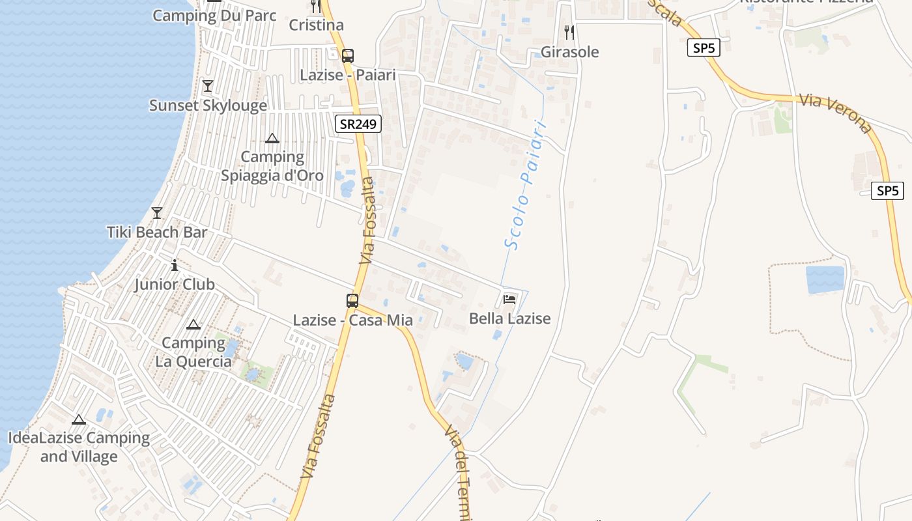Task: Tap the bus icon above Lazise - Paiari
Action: (x=348, y=56)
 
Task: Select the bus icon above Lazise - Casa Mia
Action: (x=352, y=301)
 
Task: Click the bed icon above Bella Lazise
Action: (x=510, y=299)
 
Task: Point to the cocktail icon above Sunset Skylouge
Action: (x=208, y=86)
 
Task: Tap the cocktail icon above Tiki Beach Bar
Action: (x=157, y=213)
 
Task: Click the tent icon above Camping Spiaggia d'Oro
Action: (x=272, y=138)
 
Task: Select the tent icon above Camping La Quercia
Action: (x=193, y=324)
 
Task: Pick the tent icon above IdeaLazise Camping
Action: (x=79, y=419)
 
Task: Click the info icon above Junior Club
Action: (x=175, y=265)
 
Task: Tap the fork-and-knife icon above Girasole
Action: (x=569, y=32)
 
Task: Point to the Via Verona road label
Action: (x=836, y=114)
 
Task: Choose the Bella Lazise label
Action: (x=510, y=318)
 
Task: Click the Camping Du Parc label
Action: (x=214, y=16)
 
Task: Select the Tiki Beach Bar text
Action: (x=157, y=232)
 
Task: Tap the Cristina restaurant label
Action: (x=316, y=25)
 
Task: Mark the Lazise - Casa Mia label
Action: (x=352, y=320)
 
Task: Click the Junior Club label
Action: (x=175, y=285)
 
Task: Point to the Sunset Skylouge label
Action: (x=208, y=106)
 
